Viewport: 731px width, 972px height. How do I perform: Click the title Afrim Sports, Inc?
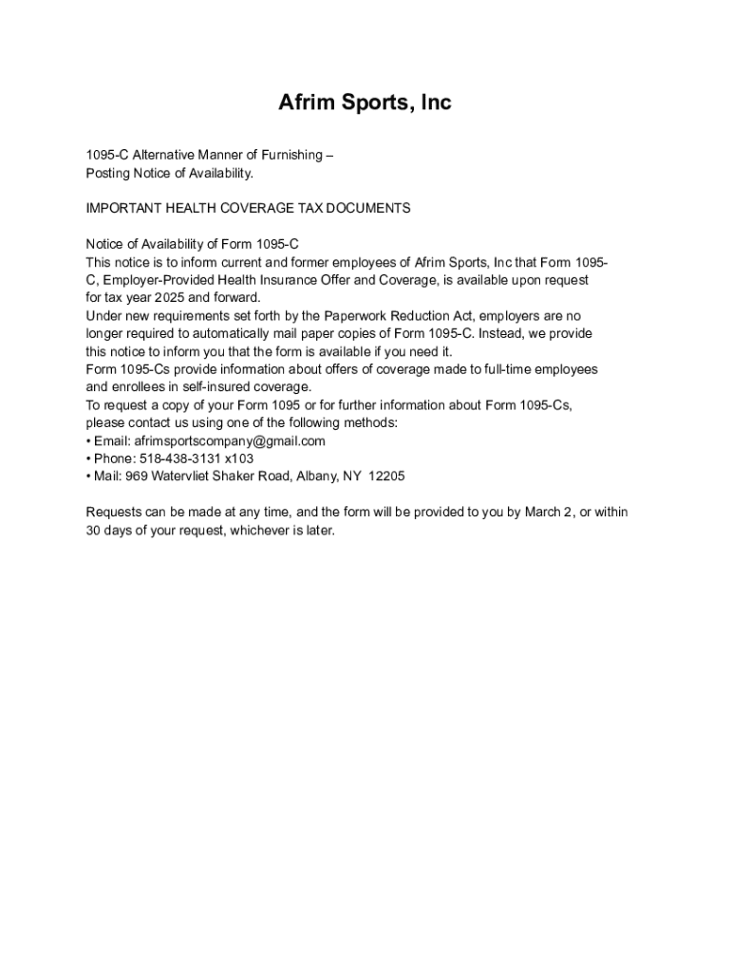click(365, 103)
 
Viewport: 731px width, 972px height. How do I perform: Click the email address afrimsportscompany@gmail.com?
click(230, 441)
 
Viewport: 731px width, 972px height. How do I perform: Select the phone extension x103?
click(239, 458)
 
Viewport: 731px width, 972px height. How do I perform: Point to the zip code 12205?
click(386, 477)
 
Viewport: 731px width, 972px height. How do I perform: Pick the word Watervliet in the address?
click(178, 477)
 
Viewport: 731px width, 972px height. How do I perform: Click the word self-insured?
click(198, 387)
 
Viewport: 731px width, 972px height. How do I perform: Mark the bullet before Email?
click(88, 441)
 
